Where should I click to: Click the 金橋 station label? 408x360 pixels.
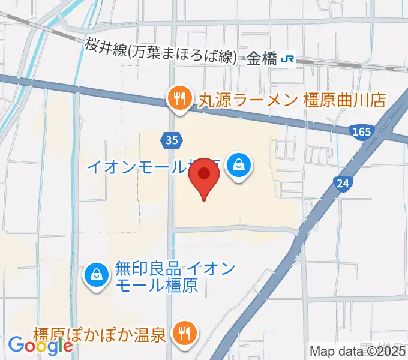pos(262,58)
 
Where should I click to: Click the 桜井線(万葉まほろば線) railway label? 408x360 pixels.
pos(159,50)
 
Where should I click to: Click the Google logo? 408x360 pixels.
pos(40,346)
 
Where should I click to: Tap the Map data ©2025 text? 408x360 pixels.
pos(358,352)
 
